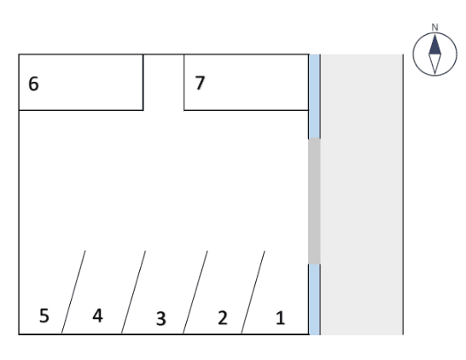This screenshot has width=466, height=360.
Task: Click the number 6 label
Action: click(33, 84)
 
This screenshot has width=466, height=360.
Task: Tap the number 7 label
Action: click(200, 83)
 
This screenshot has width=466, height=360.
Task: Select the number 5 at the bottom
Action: click(44, 316)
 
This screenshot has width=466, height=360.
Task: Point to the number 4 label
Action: click(98, 316)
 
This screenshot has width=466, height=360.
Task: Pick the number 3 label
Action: click(161, 318)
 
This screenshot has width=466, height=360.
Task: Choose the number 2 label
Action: click(223, 317)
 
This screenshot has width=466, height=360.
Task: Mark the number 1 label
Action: click(281, 318)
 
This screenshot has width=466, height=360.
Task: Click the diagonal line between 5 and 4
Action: click(73, 292)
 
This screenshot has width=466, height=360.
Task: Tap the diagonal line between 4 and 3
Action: click(133, 292)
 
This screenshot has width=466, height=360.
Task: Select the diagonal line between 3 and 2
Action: click(195, 292)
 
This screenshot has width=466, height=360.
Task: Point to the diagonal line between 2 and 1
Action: click(253, 292)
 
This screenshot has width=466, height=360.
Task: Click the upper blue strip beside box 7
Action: click(314, 96)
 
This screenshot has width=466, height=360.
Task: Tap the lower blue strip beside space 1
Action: click(314, 299)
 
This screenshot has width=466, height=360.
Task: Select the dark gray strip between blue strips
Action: click(314, 201)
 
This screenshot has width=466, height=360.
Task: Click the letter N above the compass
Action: click(434, 27)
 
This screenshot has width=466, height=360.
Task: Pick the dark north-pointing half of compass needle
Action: click(434, 46)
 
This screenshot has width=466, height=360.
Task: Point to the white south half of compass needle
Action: click(434, 63)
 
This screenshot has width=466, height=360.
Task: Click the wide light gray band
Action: click(362, 195)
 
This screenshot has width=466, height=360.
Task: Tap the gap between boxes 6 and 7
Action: click(164, 82)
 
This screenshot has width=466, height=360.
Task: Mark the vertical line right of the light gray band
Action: click(403, 195)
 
